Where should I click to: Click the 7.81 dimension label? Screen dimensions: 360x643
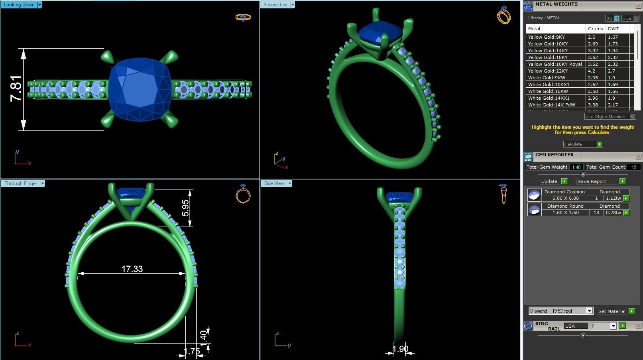[16, 89]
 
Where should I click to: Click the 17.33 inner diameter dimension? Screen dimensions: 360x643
[132, 269]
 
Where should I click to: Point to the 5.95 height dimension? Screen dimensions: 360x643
[185, 208]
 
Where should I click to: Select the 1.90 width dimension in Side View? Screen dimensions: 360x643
[400, 349]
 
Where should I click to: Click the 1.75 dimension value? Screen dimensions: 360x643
[192, 352]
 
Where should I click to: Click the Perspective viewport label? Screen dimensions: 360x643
[275, 5]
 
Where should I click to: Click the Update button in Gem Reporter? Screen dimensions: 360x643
[549, 181]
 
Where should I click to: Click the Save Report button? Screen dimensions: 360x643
[592, 181]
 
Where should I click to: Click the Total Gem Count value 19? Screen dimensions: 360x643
[633, 167]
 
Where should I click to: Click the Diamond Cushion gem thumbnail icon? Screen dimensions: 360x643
[534, 195]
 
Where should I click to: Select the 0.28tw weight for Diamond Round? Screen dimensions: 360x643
[613, 213]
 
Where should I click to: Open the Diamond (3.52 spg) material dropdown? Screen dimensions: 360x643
[560, 311]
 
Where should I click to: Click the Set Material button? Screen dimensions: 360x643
[612, 311]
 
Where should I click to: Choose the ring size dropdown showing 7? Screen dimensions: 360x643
[603, 326]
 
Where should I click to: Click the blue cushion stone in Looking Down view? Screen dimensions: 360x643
[140, 90]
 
